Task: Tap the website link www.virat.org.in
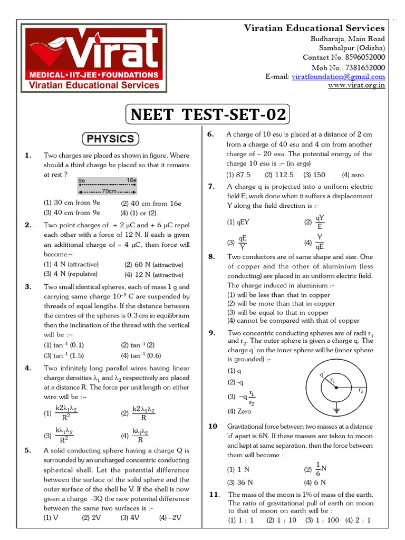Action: click(356, 85)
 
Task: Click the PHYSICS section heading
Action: click(110, 139)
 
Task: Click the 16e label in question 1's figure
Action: click(131, 180)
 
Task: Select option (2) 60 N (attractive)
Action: click(153, 265)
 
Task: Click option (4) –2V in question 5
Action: click(170, 518)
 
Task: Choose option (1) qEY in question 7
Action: click(238, 223)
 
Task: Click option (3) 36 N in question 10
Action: click(240, 482)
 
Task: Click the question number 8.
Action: click(211, 256)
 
